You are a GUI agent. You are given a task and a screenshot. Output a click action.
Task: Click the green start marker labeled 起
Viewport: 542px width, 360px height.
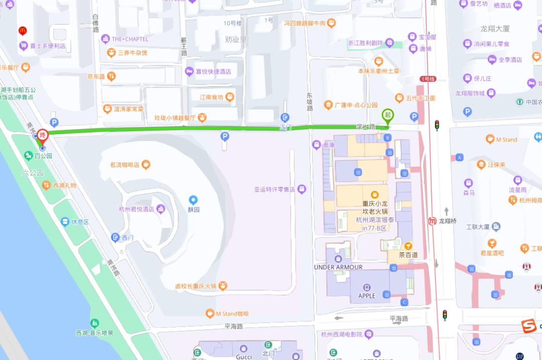tap(387, 115)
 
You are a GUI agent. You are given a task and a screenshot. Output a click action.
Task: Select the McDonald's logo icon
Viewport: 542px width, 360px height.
tap(23, 31)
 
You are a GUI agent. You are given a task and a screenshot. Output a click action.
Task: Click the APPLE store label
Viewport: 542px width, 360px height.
tap(367, 296)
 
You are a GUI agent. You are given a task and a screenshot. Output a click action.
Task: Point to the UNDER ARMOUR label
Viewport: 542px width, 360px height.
tap(338, 267)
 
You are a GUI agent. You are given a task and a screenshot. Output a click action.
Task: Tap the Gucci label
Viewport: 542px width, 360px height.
tap(243, 356)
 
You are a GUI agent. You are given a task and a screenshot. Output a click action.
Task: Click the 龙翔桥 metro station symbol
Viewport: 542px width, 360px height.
tap(432, 221)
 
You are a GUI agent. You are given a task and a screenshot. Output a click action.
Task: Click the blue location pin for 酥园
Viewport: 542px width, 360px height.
tap(193, 200)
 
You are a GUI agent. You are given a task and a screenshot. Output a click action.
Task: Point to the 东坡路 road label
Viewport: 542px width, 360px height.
tap(310, 101)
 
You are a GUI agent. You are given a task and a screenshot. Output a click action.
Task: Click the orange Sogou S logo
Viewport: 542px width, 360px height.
tap(528, 325)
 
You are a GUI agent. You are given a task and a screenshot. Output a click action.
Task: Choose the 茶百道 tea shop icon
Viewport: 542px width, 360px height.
tap(409, 246)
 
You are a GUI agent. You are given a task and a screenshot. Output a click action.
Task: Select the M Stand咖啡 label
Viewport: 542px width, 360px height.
tap(232, 314)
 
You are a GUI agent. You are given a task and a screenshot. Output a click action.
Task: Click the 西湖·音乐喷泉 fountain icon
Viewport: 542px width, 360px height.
tap(94, 323)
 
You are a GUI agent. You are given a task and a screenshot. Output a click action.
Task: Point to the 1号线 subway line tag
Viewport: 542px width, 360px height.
tap(428, 79)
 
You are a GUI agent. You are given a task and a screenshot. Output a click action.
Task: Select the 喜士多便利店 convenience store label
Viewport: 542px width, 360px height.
tap(48, 46)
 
